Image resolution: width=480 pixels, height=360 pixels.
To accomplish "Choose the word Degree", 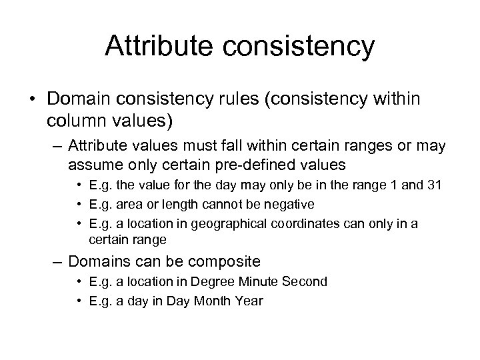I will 229,282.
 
